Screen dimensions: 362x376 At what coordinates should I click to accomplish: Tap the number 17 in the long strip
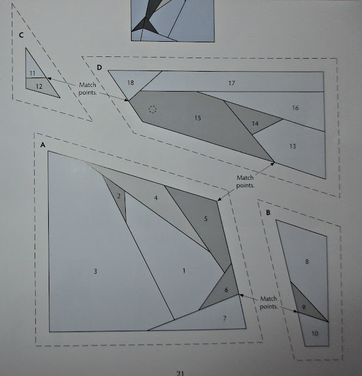[231, 83]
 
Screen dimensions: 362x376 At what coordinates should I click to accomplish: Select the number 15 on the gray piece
[197, 119]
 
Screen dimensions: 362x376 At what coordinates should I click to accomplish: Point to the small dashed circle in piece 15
[152, 109]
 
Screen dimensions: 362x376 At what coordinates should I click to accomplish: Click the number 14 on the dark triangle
[255, 123]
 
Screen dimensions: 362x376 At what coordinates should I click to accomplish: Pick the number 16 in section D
[295, 108]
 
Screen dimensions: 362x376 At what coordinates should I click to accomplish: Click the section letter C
[21, 35]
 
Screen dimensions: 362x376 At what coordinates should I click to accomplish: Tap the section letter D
[99, 67]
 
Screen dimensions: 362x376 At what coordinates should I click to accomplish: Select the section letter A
[43, 144]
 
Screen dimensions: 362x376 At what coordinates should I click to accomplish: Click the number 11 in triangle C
[32, 73]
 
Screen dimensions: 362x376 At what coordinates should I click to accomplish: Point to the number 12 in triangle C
[38, 86]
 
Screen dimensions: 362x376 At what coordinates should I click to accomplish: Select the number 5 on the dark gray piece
[206, 219]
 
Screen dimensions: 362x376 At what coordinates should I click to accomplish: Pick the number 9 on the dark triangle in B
[303, 307]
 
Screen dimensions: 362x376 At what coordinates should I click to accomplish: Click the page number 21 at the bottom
[182, 370]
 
